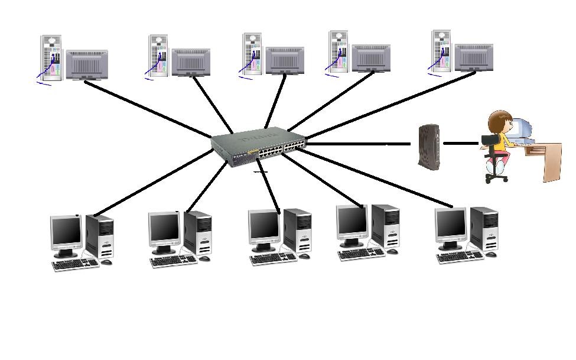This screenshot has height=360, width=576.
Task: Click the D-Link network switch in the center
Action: point(260,148)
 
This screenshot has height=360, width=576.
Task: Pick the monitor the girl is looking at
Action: point(522,128)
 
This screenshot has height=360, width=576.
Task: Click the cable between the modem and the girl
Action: point(461,143)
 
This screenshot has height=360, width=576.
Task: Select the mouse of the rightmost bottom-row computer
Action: point(491,254)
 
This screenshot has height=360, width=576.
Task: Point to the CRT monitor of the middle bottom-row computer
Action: point(264,226)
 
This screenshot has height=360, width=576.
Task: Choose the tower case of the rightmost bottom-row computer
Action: point(484,229)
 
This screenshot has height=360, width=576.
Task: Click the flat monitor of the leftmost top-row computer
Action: point(87,64)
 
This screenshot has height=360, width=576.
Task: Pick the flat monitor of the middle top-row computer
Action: point(285,60)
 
